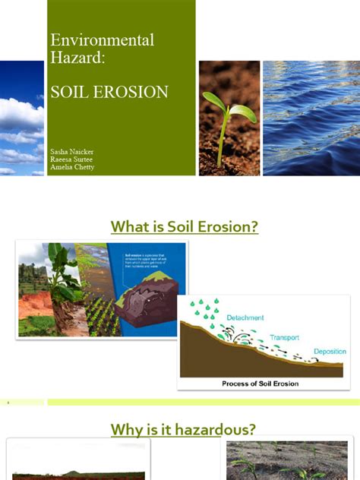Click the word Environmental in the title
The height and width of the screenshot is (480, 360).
pos(102,39)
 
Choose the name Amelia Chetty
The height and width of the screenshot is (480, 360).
pos(73,168)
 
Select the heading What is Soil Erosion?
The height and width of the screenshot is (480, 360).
pos(185,226)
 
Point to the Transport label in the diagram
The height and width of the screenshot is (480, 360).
pos(287,336)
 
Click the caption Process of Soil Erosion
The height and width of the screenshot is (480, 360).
pos(260,384)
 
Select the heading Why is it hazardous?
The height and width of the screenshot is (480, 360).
pos(183,430)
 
